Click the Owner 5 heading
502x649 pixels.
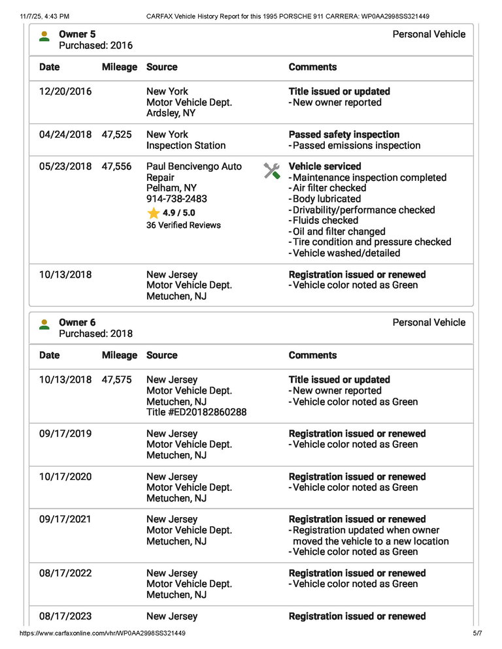[x=76, y=34]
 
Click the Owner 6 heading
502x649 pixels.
[x=76, y=323]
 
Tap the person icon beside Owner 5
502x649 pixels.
[x=44, y=36]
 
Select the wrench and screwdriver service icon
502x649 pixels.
[x=272, y=172]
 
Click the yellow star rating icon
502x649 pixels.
[x=154, y=214]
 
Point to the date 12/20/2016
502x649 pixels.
[x=65, y=92]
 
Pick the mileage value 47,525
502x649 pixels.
[x=116, y=135]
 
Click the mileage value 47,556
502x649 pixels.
[x=116, y=167]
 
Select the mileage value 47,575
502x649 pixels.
[x=116, y=380]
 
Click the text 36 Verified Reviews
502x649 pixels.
[x=184, y=225]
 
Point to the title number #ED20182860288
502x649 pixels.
[x=196, y=413]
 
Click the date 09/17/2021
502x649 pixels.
[x=65, y=520]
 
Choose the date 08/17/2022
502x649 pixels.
[x=65, y=573]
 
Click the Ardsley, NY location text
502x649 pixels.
[x=171, y=114]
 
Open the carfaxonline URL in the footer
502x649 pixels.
[x=103, y=633]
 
